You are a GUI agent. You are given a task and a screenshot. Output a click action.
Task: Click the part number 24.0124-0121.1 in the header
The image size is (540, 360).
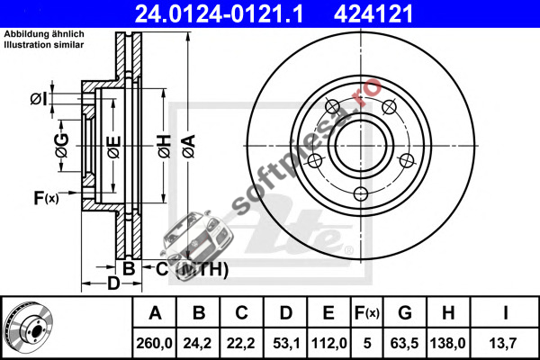click(219, 13)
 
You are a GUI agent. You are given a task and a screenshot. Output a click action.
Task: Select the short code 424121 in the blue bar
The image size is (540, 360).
click(373, 13)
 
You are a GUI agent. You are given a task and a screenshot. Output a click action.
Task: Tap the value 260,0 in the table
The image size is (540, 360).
click(154, 343)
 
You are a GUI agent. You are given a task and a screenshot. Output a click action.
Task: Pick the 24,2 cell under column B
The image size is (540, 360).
click(197, 343)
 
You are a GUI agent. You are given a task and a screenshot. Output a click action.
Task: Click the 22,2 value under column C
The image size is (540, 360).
click(240, 343)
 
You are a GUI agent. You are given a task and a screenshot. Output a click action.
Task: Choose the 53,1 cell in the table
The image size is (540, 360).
click(285, 343)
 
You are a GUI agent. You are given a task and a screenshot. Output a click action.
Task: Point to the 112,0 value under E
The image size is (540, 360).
click(328, 343)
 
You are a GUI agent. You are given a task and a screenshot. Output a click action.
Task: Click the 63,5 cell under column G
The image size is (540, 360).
click(404, 343)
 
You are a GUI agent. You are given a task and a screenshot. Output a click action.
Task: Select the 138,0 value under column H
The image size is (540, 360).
click(447, 343)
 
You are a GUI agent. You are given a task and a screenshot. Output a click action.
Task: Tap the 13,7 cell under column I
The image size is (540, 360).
click(503, 343)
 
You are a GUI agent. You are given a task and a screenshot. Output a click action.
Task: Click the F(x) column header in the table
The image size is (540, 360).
click(367, 313)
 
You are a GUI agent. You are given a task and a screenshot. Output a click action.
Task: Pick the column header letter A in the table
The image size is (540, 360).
click(155, 313)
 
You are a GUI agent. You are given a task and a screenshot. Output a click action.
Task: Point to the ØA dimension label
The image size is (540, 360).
click(189, 146)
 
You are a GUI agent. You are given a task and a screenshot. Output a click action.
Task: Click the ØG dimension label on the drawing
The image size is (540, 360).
click(62, 146)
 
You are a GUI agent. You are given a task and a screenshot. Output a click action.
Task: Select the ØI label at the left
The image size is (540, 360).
click(38, 99)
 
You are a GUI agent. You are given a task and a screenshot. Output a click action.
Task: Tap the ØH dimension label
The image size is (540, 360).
click(165, 146)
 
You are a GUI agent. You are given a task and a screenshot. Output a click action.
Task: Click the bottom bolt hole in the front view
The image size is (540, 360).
click(361, 194)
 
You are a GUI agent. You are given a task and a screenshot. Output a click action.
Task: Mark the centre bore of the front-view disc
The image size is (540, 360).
click(361, 146)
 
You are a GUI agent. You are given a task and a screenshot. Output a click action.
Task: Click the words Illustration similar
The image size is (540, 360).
click(44, 45)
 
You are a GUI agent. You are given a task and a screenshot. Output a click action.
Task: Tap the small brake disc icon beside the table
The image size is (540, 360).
click(28, 328)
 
